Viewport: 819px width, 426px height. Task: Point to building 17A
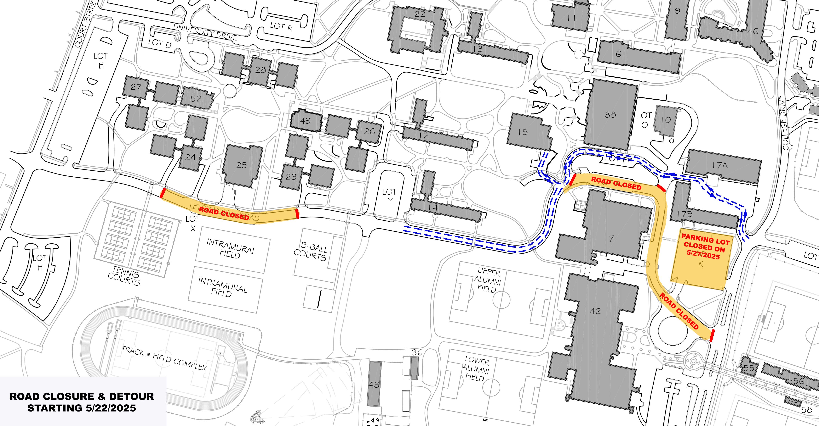pyautogui.click(x=720, y=165)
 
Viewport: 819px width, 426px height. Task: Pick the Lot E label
pyautogui.click(x=100, y=61)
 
